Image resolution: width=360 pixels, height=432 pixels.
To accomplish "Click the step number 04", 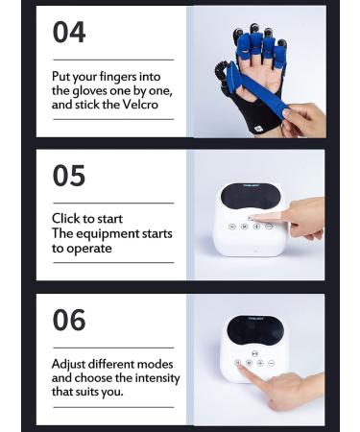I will (69, 33).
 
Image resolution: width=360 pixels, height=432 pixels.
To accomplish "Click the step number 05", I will (69, 176).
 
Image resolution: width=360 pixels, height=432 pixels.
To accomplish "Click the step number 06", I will (69, 320).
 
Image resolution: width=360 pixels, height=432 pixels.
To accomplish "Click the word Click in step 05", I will (66, 220).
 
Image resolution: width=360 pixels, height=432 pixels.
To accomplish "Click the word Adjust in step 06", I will (70, 364).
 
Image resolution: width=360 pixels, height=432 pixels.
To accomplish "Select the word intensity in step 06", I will (155, 377).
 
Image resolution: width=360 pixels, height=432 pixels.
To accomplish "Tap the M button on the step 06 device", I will (248, 364).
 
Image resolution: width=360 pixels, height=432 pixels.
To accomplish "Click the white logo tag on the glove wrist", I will (219, 121).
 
